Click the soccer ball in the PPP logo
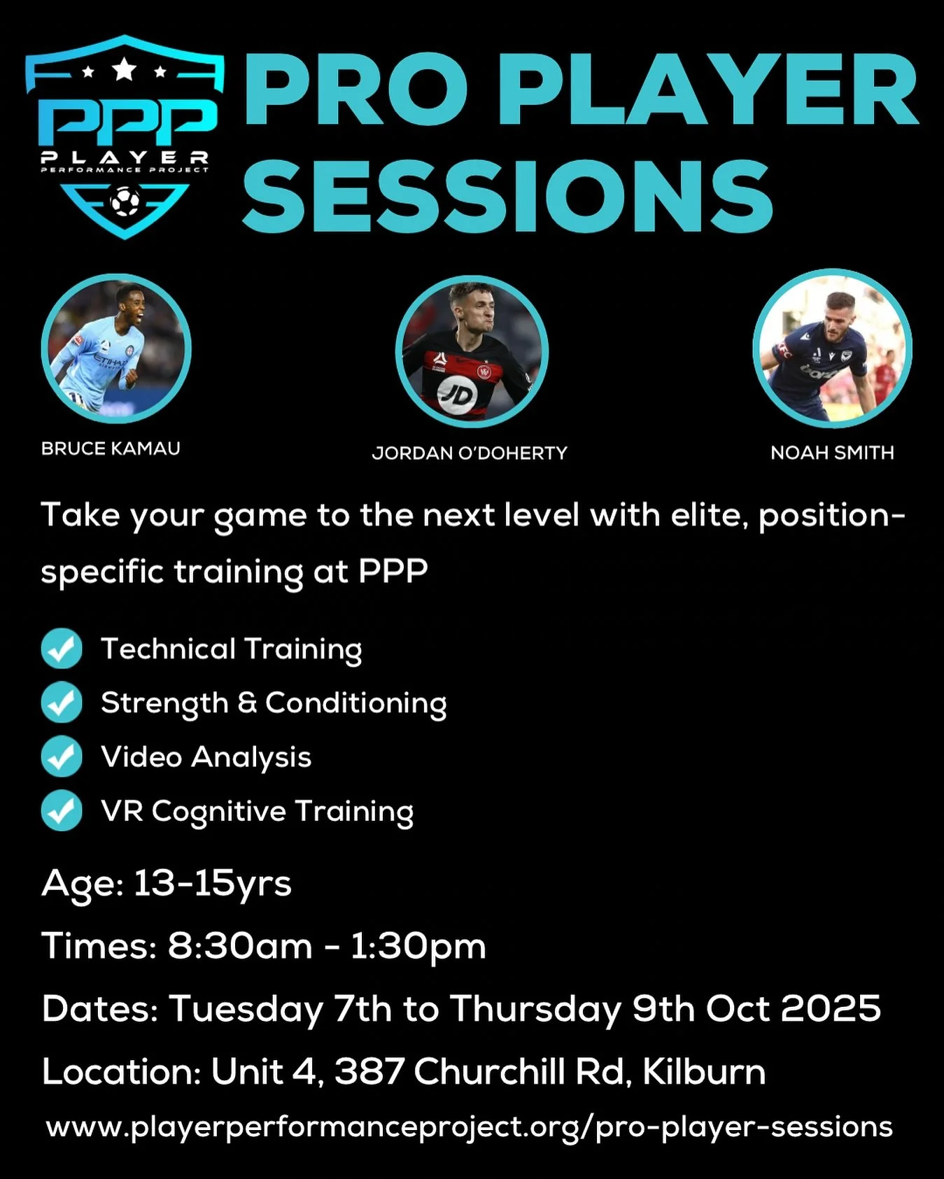tap(125, 202)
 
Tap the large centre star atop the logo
tap(125, 69)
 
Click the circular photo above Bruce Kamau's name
tap(116, 348)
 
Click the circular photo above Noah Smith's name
tap(832, 348)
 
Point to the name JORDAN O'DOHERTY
tap(470, 453)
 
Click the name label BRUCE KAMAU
tap(111, 449)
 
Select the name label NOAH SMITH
tap(832, 453)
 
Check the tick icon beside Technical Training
tap(62, 649)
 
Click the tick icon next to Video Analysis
tap(62, 756)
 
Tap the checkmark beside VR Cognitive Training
tap(62, 810)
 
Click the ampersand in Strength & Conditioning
tap(247, 703)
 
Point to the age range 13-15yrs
tap(212, 883)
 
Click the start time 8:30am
tap(240, 946)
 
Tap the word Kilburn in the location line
tap(704, 1071)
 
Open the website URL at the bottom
tap(470, 1127)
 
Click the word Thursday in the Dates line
tap(535, 1008)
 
